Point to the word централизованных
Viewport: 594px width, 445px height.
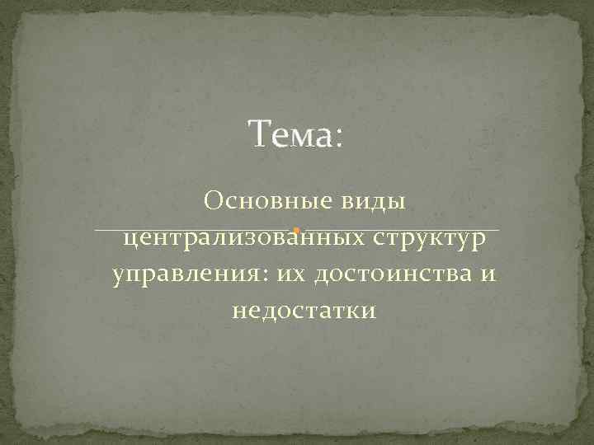(245, 240)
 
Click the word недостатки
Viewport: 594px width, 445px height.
(304, 311)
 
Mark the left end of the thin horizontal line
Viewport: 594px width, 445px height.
(97, 228)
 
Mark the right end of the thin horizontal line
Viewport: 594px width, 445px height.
(499, 228)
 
